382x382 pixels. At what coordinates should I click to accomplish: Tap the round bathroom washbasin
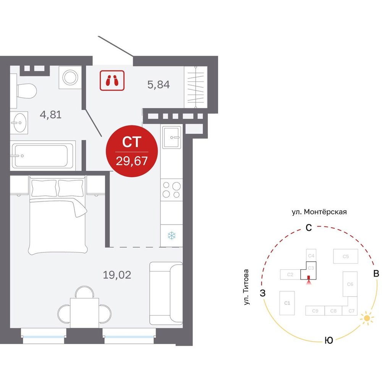tap(19, 123)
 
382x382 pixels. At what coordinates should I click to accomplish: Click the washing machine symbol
tap(70, 78)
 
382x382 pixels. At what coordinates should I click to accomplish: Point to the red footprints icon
tap(112, 80)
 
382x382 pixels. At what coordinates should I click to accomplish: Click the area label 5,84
tap(159, 84)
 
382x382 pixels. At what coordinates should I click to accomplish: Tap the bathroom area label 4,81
tap(51, 115)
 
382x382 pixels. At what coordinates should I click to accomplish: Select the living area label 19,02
tap(117, 275)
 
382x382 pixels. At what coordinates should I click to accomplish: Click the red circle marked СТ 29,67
tap(132, 151)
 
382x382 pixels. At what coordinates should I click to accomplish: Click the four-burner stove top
tap(172, 190)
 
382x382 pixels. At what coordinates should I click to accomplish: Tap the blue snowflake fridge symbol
tap(172, 235)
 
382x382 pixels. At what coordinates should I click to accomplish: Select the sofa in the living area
tap(166, 293)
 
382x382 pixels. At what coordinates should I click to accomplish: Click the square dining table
tap(84, 312)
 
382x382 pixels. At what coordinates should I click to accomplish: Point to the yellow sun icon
tap(367, 319)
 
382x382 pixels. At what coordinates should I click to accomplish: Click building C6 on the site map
tap(350, 284)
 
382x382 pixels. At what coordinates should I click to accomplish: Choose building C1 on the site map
tap(287, 303)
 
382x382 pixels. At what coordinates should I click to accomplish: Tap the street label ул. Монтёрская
tap(319, 212)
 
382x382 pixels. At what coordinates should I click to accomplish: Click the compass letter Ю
tap(329, 340)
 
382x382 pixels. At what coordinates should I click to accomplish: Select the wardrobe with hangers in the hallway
tap(196, 87)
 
